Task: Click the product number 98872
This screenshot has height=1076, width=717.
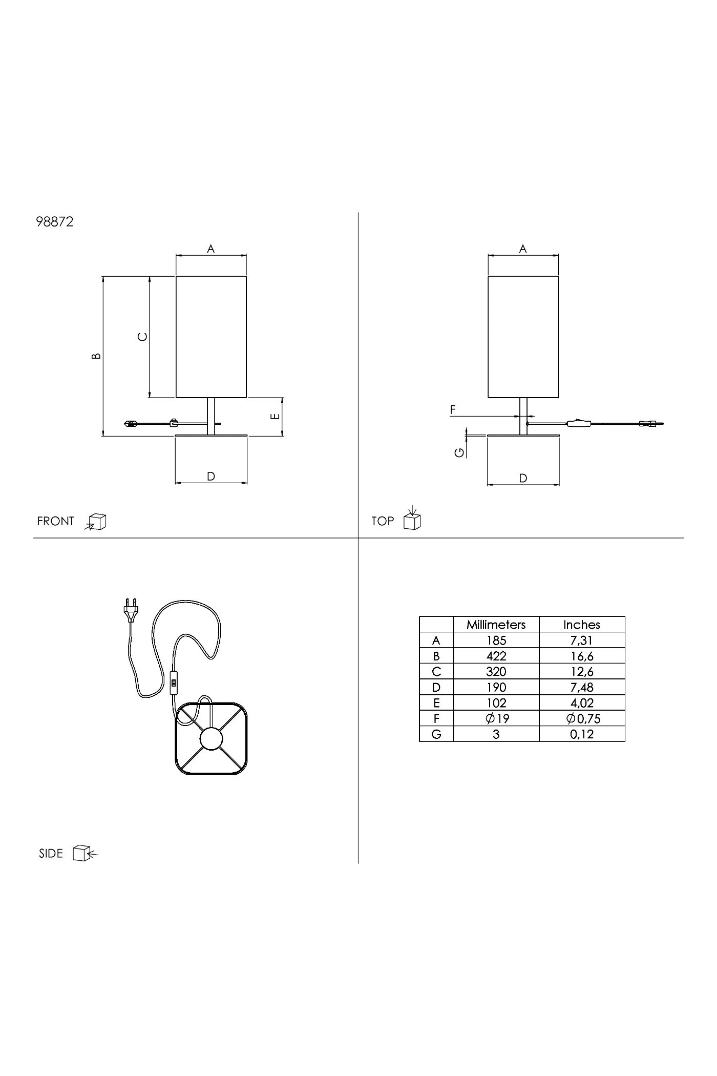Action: pos(55,222)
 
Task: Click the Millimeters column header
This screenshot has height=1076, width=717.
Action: pos(496,625)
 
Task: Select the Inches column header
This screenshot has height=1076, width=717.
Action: pos(582,625)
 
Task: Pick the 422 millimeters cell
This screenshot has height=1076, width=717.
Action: pos(496,656)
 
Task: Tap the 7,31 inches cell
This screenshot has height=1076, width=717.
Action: pos(582,640)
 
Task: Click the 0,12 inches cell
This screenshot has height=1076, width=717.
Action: pos(582,734)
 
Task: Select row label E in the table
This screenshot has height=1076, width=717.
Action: pos(436,703)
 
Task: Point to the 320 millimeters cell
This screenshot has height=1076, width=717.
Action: pos(496,672)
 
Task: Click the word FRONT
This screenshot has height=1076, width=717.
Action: pos(56,522)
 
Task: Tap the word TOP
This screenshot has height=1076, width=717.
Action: pos(383,522)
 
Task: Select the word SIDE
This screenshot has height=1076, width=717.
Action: pos(51,854)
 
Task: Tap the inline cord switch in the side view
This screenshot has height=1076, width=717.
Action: pos(174,682)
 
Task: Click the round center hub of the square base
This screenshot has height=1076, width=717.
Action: pos(211,738)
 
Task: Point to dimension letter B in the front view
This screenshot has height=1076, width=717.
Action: pos(96,356)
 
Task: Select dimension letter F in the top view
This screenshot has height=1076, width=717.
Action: pos(453,410)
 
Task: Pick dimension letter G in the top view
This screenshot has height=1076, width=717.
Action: pos(460,452)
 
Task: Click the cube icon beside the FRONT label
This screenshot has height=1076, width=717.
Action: pos(97,522)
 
